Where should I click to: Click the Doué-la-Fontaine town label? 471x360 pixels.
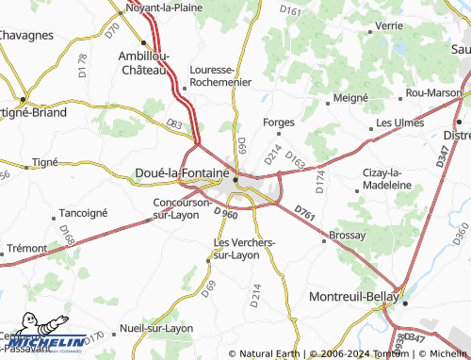click(176, 172)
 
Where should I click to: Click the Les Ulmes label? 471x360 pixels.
click(399, 123)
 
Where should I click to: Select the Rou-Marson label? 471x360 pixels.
click(434, 92)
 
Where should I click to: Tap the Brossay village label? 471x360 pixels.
click(346, 235)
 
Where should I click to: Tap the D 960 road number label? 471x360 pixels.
click(225, 214)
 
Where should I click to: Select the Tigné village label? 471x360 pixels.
click(45, 162)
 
